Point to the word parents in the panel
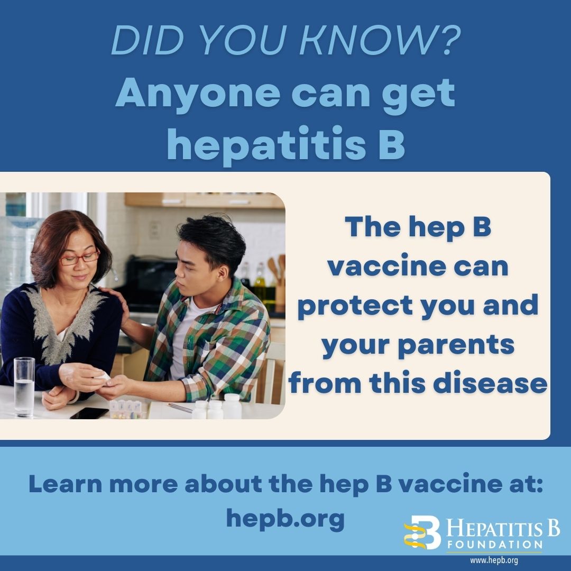(456, 345)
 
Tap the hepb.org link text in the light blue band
(285, 519)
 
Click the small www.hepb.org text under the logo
(494, 560)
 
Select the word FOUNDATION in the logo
(495, 545)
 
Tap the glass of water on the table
(24, 386)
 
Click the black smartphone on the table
(89, 413)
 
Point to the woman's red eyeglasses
(79, 258)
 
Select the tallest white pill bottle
(232, 406)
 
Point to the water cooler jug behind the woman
(16, 251)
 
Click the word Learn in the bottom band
(65, 484)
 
